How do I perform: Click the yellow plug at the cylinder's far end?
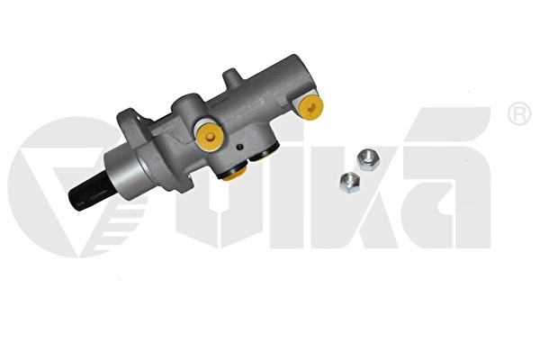311,107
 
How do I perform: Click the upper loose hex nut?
368,160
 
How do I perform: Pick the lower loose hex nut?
350,183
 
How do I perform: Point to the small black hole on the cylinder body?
240,147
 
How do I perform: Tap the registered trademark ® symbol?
519,114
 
